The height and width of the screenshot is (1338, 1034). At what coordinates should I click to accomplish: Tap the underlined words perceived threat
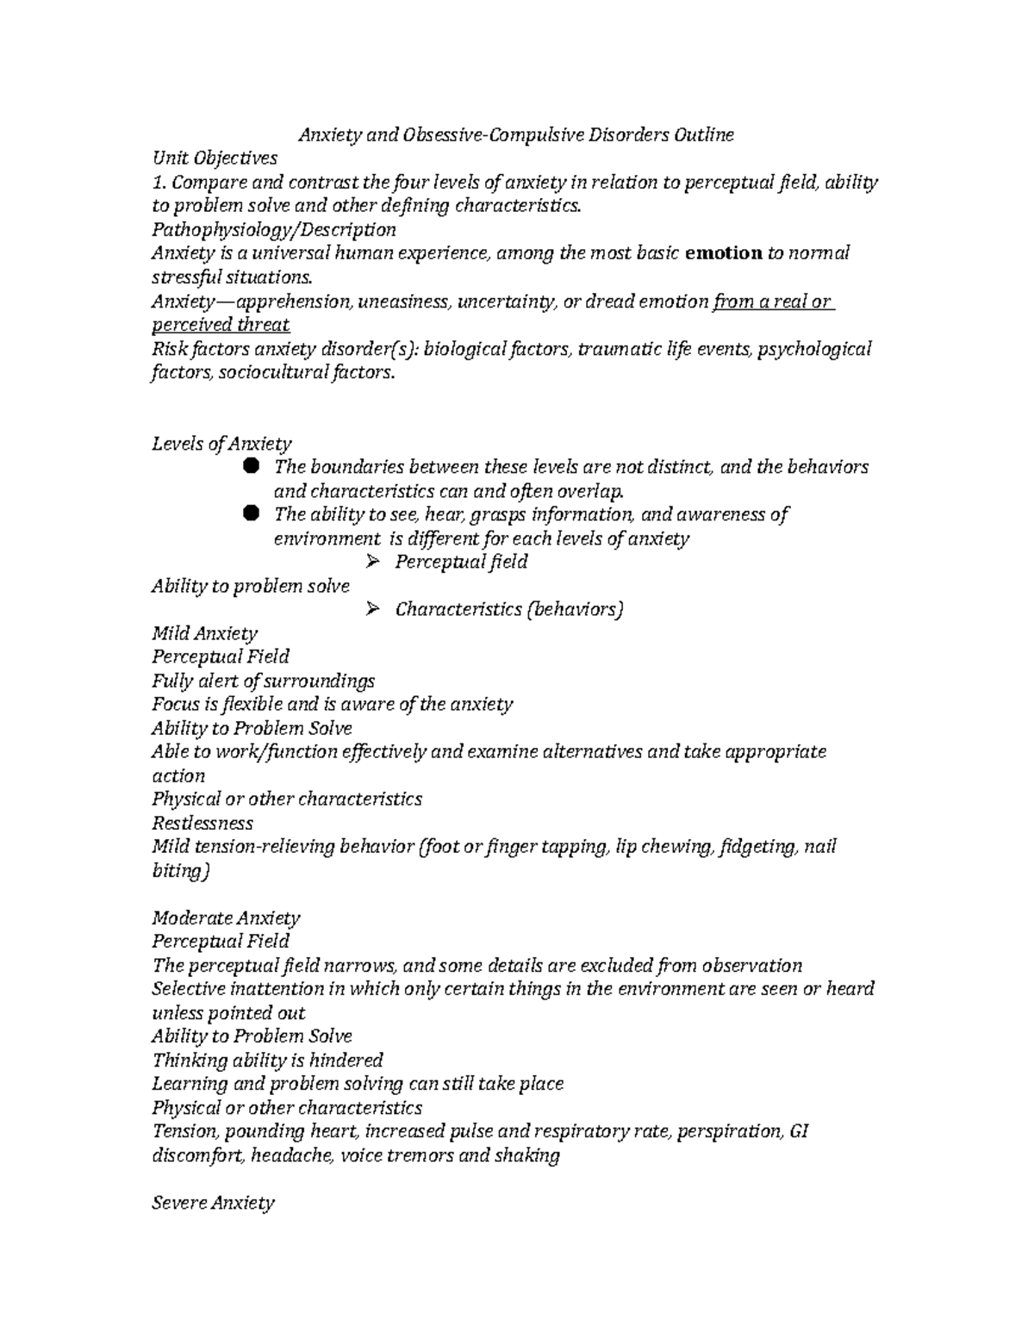click(221, 325)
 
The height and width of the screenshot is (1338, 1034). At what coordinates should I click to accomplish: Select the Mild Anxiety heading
click(204, 633)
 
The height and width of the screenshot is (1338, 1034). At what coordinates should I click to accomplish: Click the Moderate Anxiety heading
click(226, 918)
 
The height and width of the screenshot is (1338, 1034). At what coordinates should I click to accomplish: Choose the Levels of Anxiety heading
click(221, 444)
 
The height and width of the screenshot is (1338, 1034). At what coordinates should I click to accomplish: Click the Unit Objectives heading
click(215, 158)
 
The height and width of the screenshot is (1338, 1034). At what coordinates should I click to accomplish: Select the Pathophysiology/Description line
click(273, 230)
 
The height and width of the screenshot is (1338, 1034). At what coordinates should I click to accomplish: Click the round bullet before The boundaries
click(251, 466)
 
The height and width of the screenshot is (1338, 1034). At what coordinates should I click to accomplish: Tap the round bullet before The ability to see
click(251, 513)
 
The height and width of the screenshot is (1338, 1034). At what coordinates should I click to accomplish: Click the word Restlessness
click(202, 823)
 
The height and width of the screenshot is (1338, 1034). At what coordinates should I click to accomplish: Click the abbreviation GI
click(798, 1131)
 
